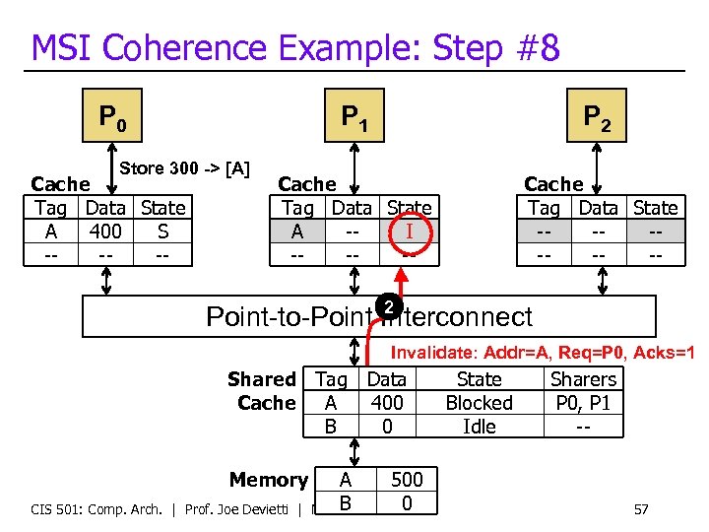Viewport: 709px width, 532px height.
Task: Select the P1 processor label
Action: [354, 119]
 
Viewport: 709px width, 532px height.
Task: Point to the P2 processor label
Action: [597, 119]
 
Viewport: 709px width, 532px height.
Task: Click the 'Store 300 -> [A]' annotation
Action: [184, 167]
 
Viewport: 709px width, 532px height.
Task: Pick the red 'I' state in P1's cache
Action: [407, 233]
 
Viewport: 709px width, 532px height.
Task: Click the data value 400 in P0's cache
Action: [105, 232]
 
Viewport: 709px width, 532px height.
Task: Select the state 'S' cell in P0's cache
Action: [162, 232]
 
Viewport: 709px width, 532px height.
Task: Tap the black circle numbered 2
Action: [390, 308]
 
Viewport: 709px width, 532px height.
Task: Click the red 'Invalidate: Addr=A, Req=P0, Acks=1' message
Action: [544, 353]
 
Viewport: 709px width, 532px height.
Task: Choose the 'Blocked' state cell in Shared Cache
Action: [479, 403]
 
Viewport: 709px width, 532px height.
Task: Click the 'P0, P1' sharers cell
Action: [583, 403]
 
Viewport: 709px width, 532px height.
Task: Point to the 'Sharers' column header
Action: [583, 379]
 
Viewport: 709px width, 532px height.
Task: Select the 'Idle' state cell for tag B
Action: [479, 427]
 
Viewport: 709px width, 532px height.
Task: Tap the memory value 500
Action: [407, 480]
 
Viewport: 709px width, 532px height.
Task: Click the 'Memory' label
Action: [269, 480]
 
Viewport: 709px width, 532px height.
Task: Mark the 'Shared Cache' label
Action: [263, 391]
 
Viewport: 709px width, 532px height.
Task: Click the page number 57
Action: [640, 509]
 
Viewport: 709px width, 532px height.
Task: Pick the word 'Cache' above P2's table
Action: [553, 184]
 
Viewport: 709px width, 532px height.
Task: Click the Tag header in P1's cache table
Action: [297, 208]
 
